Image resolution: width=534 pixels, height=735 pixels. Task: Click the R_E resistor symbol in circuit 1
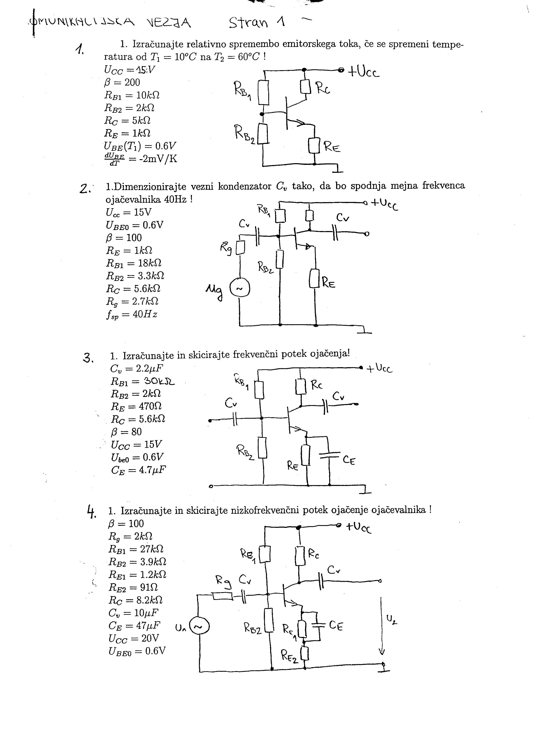point(314,146)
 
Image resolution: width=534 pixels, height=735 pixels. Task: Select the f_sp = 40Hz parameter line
point(132,314)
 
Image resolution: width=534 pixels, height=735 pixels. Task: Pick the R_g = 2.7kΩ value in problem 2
point(132,302)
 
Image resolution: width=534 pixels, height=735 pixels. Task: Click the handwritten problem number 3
point(88,358)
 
